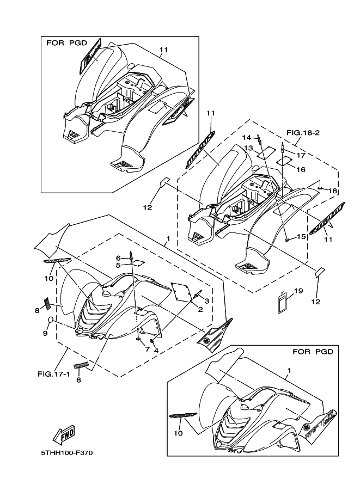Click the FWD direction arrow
click(x=63, y=434)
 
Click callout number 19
click(x=298, y=291)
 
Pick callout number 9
click(x=45, y=333)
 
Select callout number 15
click(x=300, y=237)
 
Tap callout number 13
click(x=248, y=148)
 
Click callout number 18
click(x=333, y=191)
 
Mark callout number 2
click(x=200, y=309)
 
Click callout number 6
click(x=118, y=257)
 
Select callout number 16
click(x=301, y=169)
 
